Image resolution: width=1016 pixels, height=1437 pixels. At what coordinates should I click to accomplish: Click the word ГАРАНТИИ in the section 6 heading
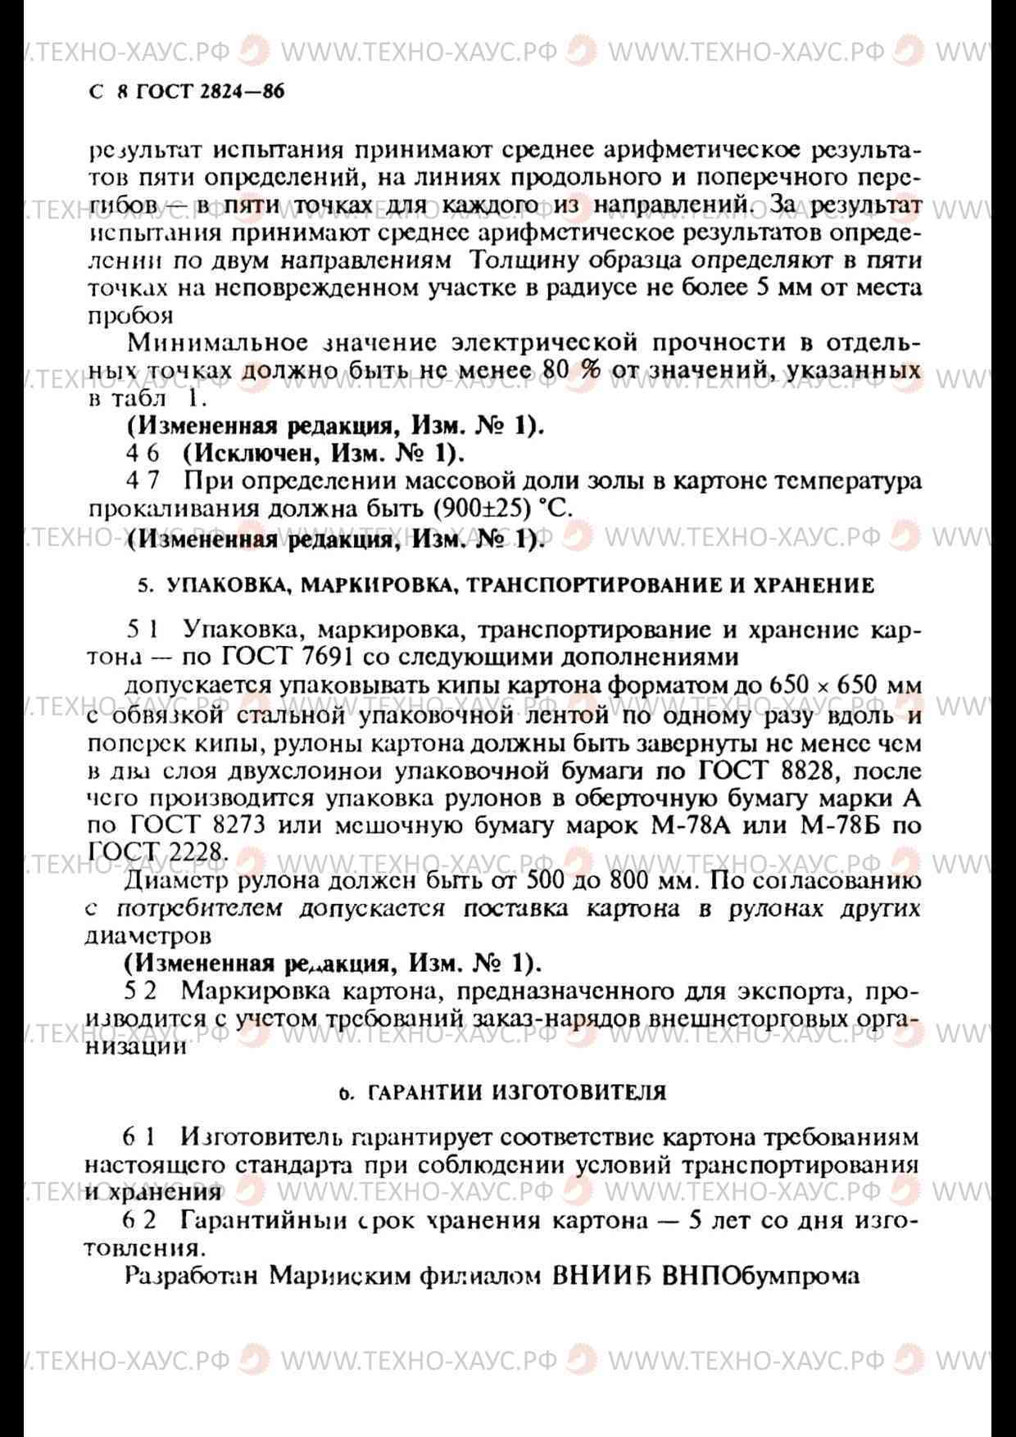425,1092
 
